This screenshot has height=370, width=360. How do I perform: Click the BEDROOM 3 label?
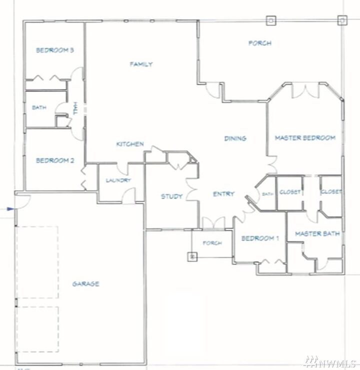click(x=55, y=50)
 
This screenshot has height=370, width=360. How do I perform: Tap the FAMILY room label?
click(x=141, y=64)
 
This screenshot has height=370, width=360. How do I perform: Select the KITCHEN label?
click(x=130, y=144)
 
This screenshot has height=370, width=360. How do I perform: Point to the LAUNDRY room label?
click(x=118, y=181)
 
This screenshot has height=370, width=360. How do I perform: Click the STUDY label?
click(x=171, y=196)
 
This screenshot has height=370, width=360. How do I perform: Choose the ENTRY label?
click(x=223, y=194)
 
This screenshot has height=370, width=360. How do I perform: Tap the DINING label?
click(x=235, y=138)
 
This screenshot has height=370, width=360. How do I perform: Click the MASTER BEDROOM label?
click(x=305, y=138)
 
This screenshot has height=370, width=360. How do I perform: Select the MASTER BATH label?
click(x=317, y=233)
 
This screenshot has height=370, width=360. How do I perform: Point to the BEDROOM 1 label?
click(x=260, y=239)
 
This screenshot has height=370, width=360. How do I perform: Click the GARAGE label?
click(x=85, y=284)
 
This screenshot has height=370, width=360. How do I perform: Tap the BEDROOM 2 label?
click(x=55, y=161)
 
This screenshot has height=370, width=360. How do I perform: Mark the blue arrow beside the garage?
click(x=9, y=210)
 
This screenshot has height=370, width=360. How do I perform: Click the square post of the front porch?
click(x=192, y=257)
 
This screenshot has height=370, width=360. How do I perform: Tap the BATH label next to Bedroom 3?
click(x=39, y=107)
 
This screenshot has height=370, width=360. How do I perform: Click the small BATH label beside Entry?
click(x=267, y=194)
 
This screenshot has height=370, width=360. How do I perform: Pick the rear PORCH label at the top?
click(x=260, y=43)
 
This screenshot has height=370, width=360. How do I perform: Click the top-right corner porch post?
click(x=342, y=20)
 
